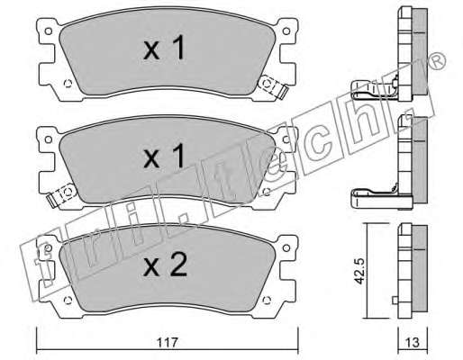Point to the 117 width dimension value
click(x=168, y=342)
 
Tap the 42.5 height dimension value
click(x=359, y=271)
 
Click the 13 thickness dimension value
click(x=413, y=342)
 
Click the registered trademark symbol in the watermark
click(x=438, y=62)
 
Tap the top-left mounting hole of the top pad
click(x=48, y=31)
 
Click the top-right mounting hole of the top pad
click(x=286, y=31)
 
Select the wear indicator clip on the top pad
click(x=273, y=86)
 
